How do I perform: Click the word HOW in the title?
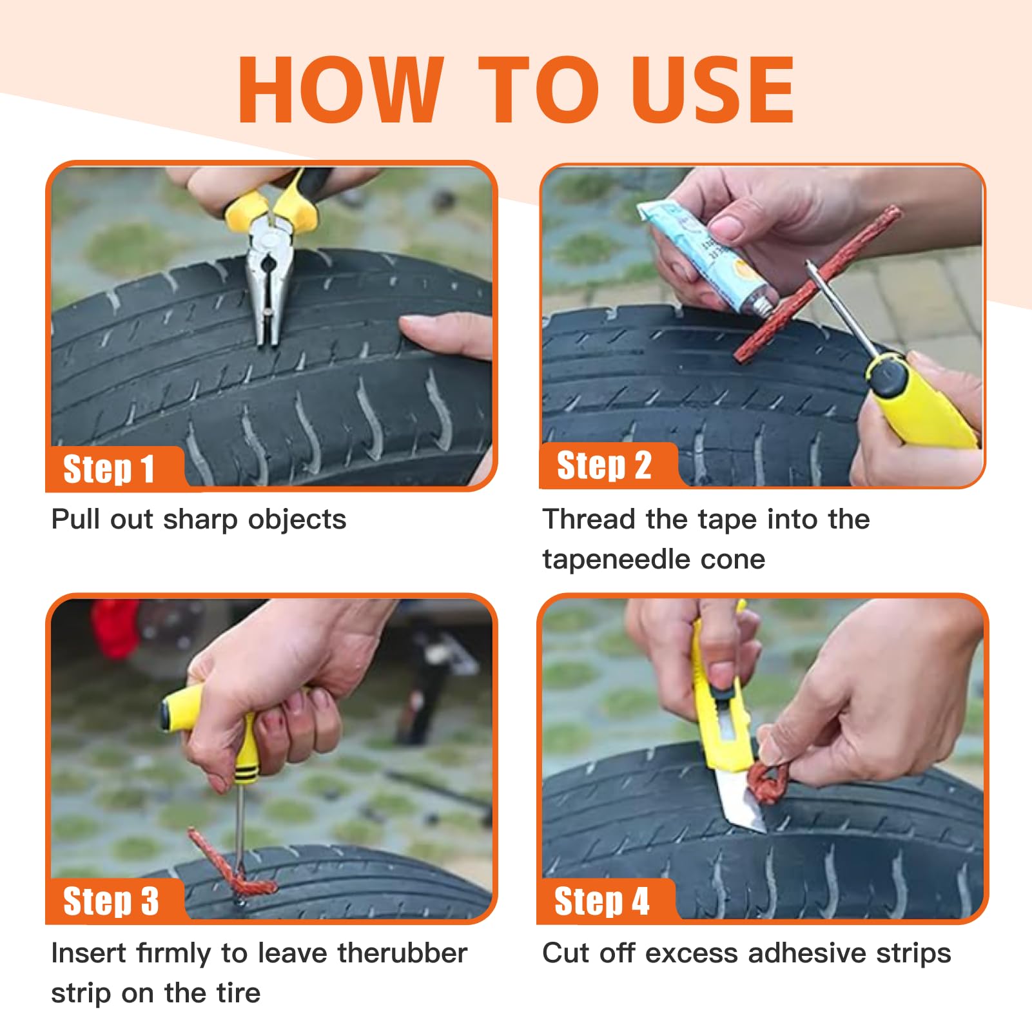click(341, 90)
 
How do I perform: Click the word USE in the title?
click(712, 90)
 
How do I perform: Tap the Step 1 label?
click(109, 469)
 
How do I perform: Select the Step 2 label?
click(604, 465)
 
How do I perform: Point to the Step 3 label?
click(111, 901)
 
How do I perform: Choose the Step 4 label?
click(601, 901)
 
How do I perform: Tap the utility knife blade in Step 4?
click(741, 799)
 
